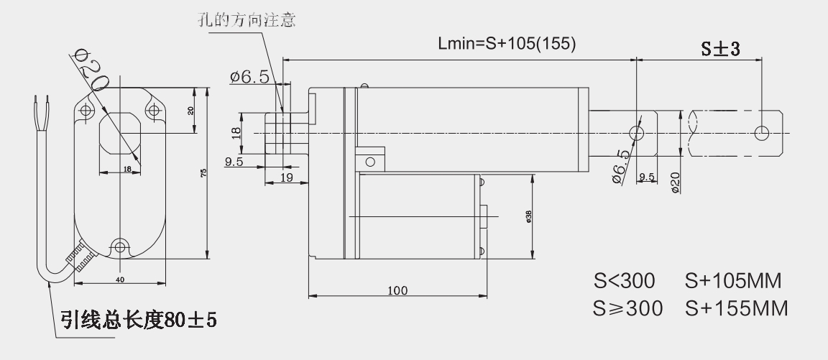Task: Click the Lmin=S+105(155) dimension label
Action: coord(507,44)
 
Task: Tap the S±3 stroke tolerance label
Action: coord(721,49)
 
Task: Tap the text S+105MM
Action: coord(737,280)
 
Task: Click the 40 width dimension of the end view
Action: coord(120,278)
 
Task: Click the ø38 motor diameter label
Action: coord(528,216)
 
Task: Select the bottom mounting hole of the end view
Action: coord(119,244)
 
